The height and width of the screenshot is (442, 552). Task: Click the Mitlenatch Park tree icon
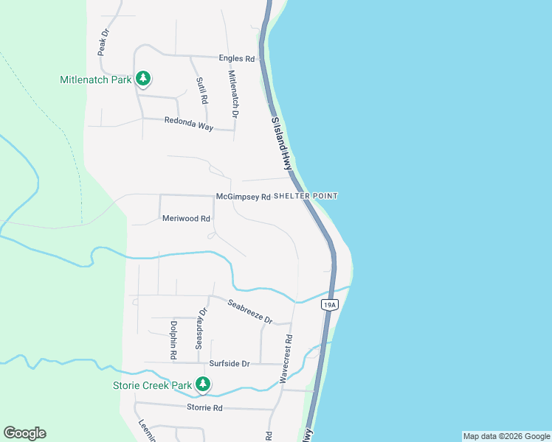pos(143,78)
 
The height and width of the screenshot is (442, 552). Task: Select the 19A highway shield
pos(330,304)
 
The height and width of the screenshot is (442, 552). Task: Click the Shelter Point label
pos(306,196)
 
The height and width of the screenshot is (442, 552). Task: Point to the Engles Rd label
pos(236,58)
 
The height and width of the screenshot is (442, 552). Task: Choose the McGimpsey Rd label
pos(243,197)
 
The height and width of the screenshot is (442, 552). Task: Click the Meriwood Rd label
pos(186,218)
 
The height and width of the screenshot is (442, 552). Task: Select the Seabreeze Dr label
pos(249,312)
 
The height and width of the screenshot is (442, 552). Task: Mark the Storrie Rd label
pos(204,407)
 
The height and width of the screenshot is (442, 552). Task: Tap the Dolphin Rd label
pos(173,340)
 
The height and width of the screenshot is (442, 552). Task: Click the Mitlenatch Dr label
pos(233,94)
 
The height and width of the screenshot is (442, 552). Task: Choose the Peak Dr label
pos(103,43)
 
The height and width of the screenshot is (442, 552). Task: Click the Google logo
pos(24,433)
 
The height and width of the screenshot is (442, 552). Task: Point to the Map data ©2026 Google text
pos(506,436)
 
